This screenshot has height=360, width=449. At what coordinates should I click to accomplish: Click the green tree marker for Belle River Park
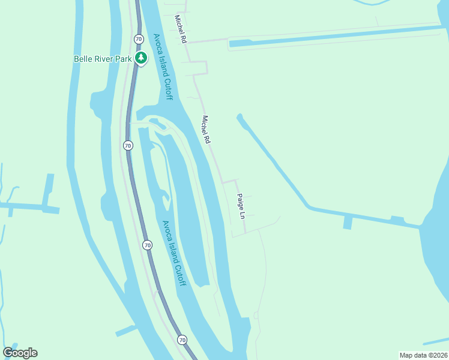pyautogui.click(x=141, y=58)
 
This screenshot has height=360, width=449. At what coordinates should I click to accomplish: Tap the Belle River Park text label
pyautogui.click(x=103, y=59)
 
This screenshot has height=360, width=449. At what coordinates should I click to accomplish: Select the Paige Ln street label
pyautogui.click(x=241, y=206)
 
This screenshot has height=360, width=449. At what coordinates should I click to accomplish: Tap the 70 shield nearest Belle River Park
pyautogui.click(x=139, y=39)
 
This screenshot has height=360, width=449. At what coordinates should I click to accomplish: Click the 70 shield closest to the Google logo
pyautogui.click(x=182, y=340)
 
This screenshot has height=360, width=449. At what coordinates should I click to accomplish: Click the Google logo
pyautogui.click(x=20, y=353)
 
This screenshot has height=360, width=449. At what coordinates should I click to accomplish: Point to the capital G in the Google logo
pyautogui.click(x=8, y=352)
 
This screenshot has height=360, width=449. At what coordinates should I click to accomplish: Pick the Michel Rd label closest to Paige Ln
pyautogui.click(x=206, y=129)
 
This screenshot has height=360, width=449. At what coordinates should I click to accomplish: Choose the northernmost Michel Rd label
pyautogui.click(x=180, y=29)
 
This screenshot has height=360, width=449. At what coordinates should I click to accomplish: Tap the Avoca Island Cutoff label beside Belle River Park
pyautogui.click(x=163, y=67)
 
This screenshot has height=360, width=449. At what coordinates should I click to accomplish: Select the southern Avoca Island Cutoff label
pyautogui.click(x=174, y=253)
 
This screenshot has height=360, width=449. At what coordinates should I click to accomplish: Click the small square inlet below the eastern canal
pyautogui.click(x=348, y=223)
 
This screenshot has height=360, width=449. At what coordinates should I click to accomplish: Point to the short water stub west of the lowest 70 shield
pyautogui.click(x=127, y=330)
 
